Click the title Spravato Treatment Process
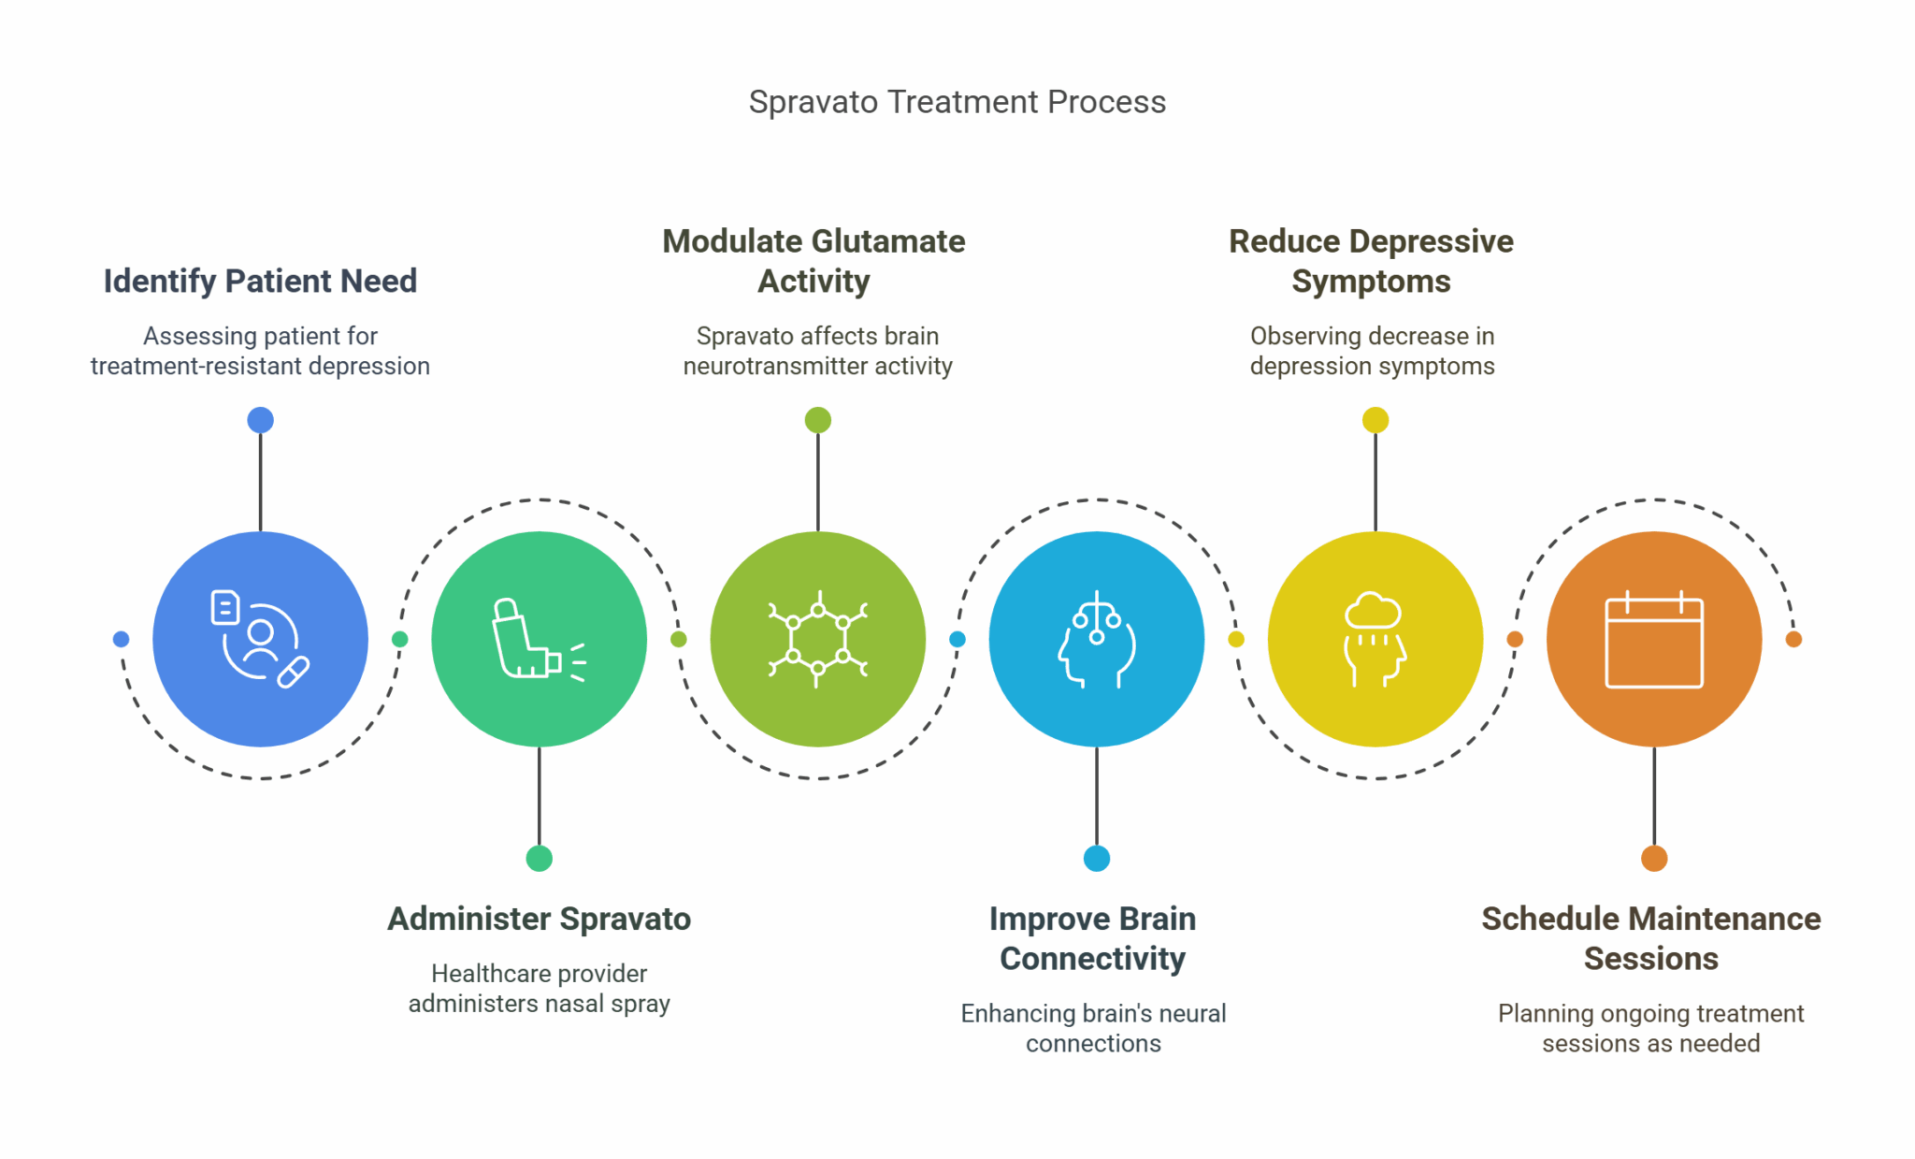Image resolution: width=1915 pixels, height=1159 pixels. pyautogui.click(x=957, y=102)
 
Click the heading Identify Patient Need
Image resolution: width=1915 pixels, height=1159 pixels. pyautogui.click(x=260, y=281)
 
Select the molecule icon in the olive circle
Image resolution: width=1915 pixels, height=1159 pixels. pyautogui.click(x=817, y=640)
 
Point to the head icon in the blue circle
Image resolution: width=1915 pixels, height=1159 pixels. pyautogui.click(x=1096, y=640)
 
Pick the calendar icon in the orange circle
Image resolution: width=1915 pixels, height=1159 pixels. pyautogui.click(x=1653, y=640)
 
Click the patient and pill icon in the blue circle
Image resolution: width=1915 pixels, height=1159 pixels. pyautogui.click(x=259, y=640)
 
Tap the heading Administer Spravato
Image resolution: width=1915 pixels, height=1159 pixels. pyautogui.click(x=539, y=919)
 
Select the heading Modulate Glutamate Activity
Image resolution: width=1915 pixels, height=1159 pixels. pyautogui.click(x=814, y=261)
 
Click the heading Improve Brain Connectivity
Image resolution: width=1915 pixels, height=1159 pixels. pyautogui.click(x=1092, y=938)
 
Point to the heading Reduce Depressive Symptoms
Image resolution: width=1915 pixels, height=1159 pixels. pyautogui.click(x=1371, y=261)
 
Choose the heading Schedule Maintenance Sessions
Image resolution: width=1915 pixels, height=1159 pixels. pyautogui.click(x=1650, y=938)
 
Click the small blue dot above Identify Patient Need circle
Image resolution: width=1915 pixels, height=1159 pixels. pyautogui.click(x=260, y=420)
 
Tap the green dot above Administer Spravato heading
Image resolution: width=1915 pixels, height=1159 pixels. pyautogui.click(x=539, y=858)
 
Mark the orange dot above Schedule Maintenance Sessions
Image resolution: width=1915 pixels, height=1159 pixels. pyautogui.click(x=1653, y=858)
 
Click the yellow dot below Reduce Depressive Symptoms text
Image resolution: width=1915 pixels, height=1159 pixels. pyautogui.click(x=1375, y=420)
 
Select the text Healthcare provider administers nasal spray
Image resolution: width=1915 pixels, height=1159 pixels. pyautogui.click(x=539, y=989)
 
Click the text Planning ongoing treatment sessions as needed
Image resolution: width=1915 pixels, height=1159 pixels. pyautogui.click(x=1650, y=1028)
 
